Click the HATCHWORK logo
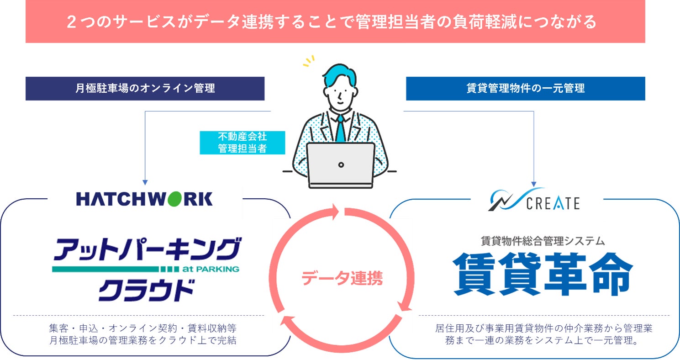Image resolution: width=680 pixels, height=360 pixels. (144, 199)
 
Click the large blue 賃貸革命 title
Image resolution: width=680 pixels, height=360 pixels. (543, 274)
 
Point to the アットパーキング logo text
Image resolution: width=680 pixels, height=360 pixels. (146, 250)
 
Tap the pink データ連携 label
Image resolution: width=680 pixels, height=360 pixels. (342, 278)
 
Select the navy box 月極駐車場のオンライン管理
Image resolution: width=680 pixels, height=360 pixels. (145, 89)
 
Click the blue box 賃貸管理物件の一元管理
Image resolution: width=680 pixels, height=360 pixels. (525, 89)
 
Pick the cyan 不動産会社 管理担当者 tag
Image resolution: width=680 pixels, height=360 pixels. (242, 143)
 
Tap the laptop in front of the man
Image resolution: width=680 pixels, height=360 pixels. (341, 165)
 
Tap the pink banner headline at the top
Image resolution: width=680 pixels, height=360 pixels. (335, 22)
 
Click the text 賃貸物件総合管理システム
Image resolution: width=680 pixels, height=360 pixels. (543, 240)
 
